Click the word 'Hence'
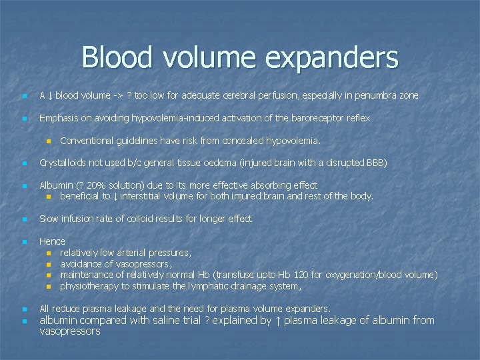(x=52, y=241)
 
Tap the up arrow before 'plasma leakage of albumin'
(x=277, y=320)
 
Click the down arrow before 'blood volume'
(x=51, y=95)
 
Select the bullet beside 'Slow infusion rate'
(x=24, y=219)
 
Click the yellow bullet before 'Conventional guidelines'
(x=49, y=141)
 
